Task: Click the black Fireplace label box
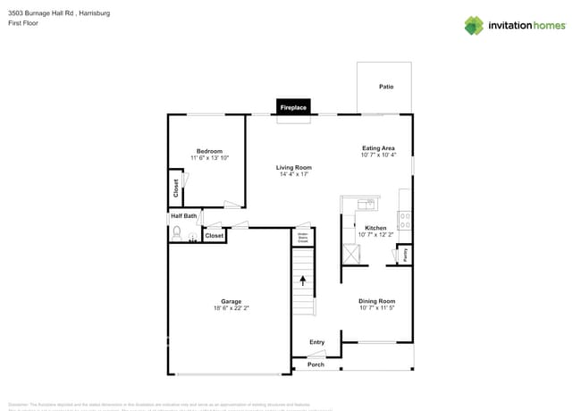[293, 107]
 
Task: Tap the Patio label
[385, 87]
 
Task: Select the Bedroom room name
[209, 151]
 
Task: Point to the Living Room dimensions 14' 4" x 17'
[293, 174]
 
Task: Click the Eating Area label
[378, 148]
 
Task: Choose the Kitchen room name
[375, 228]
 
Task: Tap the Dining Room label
[376, 301]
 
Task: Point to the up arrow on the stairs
[303, 281]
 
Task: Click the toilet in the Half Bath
[177, 234]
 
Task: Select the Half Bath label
[183, 215]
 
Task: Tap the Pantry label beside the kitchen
[405, 254]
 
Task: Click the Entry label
[316, 342]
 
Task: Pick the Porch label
[316, 365]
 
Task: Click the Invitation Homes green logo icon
[474, 25]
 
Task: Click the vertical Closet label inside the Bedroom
[176, 189]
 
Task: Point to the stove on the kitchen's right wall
[405, 215]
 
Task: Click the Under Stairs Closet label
[303, 238]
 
